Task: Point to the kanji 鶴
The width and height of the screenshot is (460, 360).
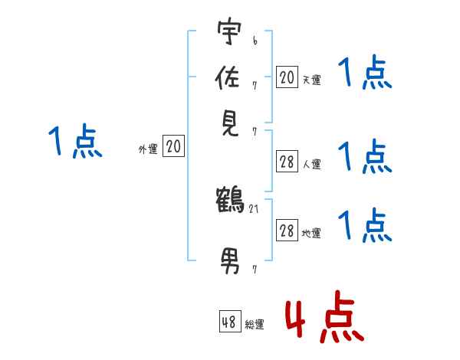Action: pyautogui.click(x=230, y=201)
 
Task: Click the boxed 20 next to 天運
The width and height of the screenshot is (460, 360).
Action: pyautogui.click(x=287, y=77)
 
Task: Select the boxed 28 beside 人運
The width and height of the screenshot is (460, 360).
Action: pyautogui.click(x=287, y=162)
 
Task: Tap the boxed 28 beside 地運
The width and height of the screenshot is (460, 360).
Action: pyautogui.click(x=287, y=231)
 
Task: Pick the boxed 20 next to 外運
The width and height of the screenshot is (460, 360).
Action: pyautogui.click(x=174, y=147)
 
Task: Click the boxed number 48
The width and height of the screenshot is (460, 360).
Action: pyautogui.click(x=229, y=322)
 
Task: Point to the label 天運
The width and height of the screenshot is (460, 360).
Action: pyautogui.click(x=311, y=80)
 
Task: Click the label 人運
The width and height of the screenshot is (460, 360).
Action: pyautogui.click(x=311, y=164)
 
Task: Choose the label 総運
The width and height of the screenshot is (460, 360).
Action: pyautogui.click(x=255, y=325)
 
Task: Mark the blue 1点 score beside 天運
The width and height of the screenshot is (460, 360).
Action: pyautogui.click(x=365, y=75)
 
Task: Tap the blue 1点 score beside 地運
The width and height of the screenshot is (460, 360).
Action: pyautogui.click(x=365, y=226)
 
